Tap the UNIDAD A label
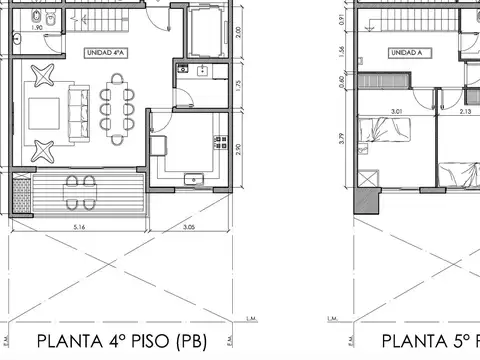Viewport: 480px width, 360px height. coord(405,52)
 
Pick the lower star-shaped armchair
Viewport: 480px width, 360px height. coord(45,150)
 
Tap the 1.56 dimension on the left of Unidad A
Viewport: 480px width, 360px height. coord(343,51)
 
